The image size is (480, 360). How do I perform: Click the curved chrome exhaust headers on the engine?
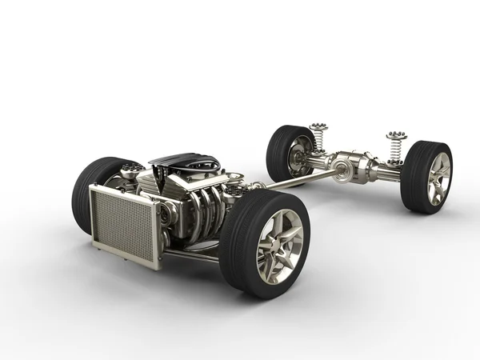coord(205,211)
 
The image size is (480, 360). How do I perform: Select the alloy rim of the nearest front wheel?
coord(279,243)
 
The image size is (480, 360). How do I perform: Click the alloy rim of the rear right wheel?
coord(438,178)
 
